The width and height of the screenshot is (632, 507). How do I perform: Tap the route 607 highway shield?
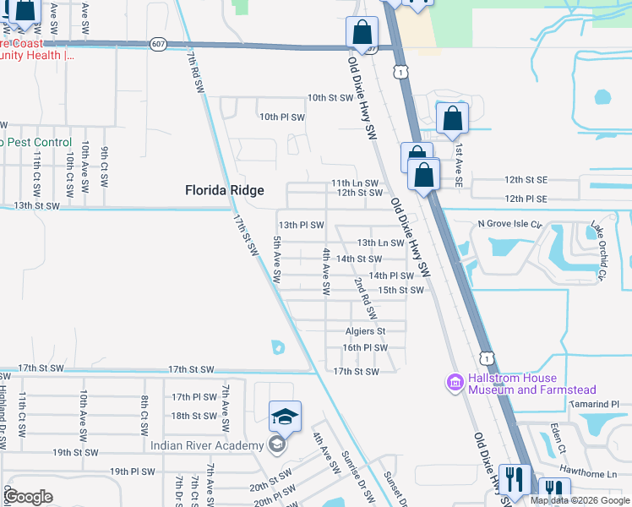158,44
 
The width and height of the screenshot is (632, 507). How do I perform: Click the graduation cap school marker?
285,416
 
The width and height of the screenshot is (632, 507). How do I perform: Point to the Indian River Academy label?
206,445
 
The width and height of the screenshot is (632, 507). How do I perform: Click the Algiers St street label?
364,331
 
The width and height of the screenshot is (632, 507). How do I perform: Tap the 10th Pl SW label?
281,117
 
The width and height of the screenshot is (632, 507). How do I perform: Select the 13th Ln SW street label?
380,243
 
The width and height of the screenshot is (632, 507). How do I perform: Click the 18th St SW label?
193,416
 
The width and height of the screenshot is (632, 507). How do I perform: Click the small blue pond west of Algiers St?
278,346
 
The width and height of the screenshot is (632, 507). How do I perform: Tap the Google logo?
28,497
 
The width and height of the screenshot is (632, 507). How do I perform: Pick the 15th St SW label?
400,290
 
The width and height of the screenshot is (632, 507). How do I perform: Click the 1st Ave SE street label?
459,164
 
